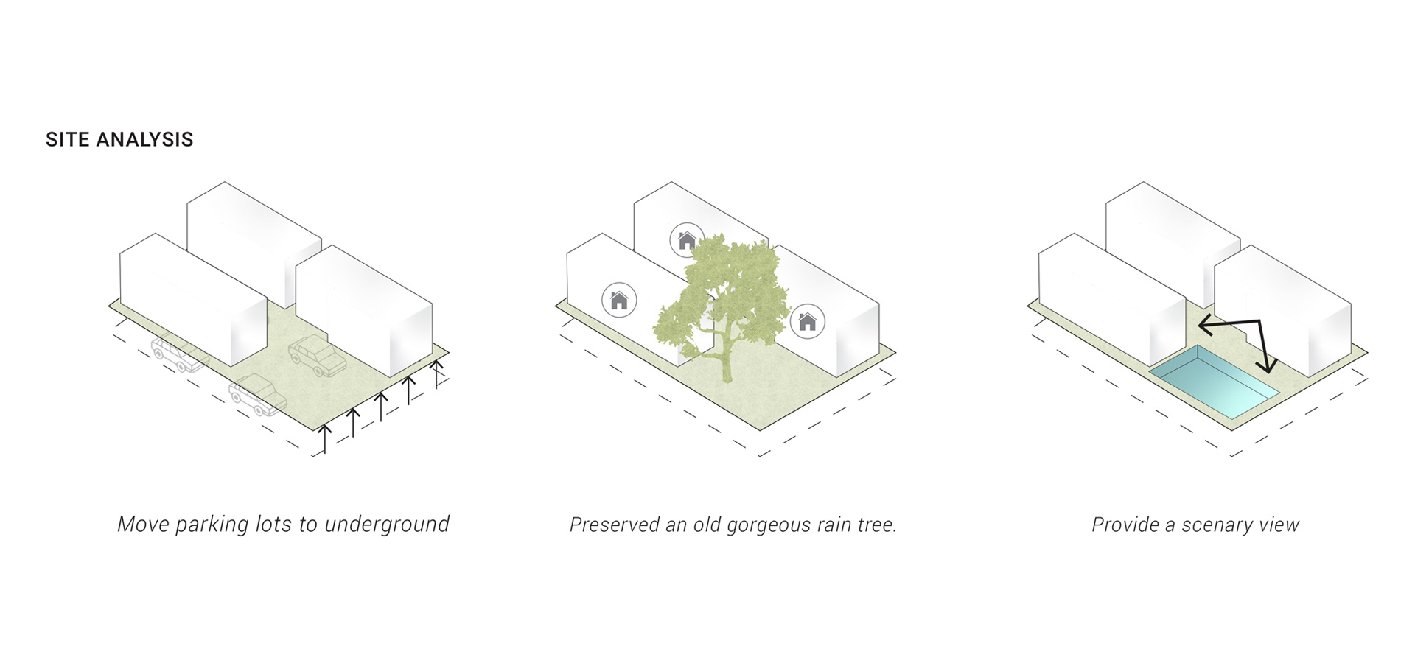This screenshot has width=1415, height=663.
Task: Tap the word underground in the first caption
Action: click(387, 525)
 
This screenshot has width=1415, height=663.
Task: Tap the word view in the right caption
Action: click(1280, 525)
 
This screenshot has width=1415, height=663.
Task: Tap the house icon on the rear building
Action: click(687, 240)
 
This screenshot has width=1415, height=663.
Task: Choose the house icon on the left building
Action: click(619, 301)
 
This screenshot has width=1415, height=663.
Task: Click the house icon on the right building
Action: click(808, 322)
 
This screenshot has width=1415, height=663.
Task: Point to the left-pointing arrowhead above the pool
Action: click(1204, 323)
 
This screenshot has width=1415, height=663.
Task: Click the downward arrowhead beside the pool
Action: click(1268, 365)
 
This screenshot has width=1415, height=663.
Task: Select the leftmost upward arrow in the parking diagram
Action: click(324, 438)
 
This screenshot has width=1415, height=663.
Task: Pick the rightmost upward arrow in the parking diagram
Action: click(437, 372)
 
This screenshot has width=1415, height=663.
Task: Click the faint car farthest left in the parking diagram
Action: click(178, 354)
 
